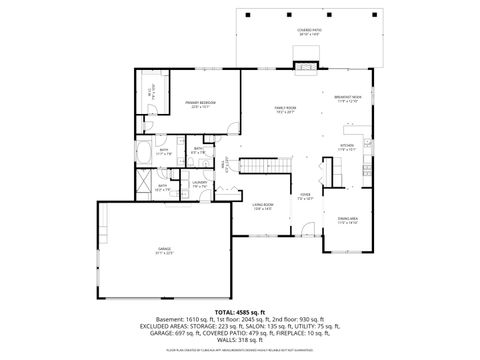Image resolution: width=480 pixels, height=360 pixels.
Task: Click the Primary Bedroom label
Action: (201, 103)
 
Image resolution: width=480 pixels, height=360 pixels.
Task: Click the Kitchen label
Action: (347, 147)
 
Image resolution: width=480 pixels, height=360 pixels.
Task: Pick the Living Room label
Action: (263, 207)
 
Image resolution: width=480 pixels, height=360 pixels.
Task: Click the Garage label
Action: (164, 250)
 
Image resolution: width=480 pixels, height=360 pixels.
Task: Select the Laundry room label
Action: (199, 184)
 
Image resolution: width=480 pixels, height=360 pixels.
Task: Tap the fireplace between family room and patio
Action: (306, 68)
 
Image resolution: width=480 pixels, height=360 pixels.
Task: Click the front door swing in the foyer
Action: (304, 233)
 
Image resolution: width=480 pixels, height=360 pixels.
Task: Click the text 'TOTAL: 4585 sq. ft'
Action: (240, 311)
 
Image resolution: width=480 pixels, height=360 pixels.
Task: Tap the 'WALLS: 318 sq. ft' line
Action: (240, 340)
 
